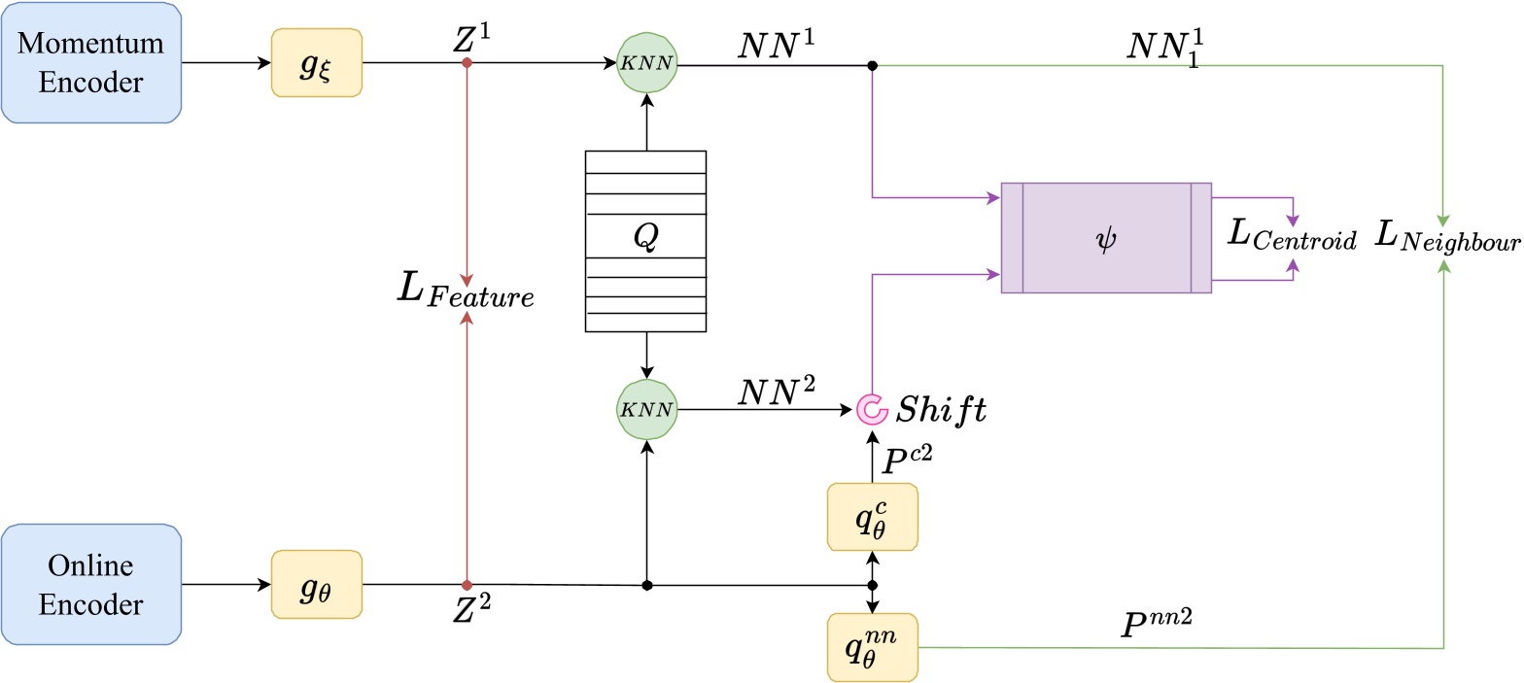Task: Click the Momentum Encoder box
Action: pos(91,63)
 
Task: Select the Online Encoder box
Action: pos(91,585)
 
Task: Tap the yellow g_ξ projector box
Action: pos(317,63)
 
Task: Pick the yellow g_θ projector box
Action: pos(317,585)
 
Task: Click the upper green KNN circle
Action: pos(646,64)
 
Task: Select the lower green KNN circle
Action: pos(646,409)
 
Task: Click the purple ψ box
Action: pos(1106,238)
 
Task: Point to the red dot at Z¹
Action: pos(468,63)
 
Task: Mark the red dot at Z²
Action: pos(468,585)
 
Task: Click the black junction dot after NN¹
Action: pos(872,65)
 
